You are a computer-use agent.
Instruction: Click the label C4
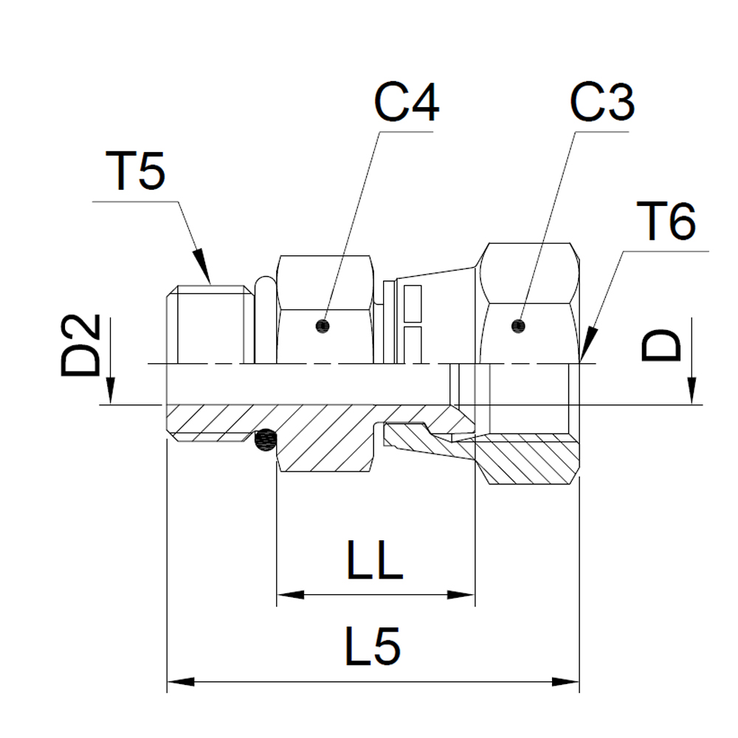[406, 103]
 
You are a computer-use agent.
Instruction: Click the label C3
[603, 103]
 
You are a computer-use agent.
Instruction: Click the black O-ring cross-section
[263, 441]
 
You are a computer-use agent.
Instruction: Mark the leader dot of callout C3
[518, 324]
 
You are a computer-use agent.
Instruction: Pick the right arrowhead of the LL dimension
[461, 595]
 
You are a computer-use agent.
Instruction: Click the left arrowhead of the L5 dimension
[182, 680]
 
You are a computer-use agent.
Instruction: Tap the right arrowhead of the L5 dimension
[566, 680]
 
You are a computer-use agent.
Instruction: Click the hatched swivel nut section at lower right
[528, 458]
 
